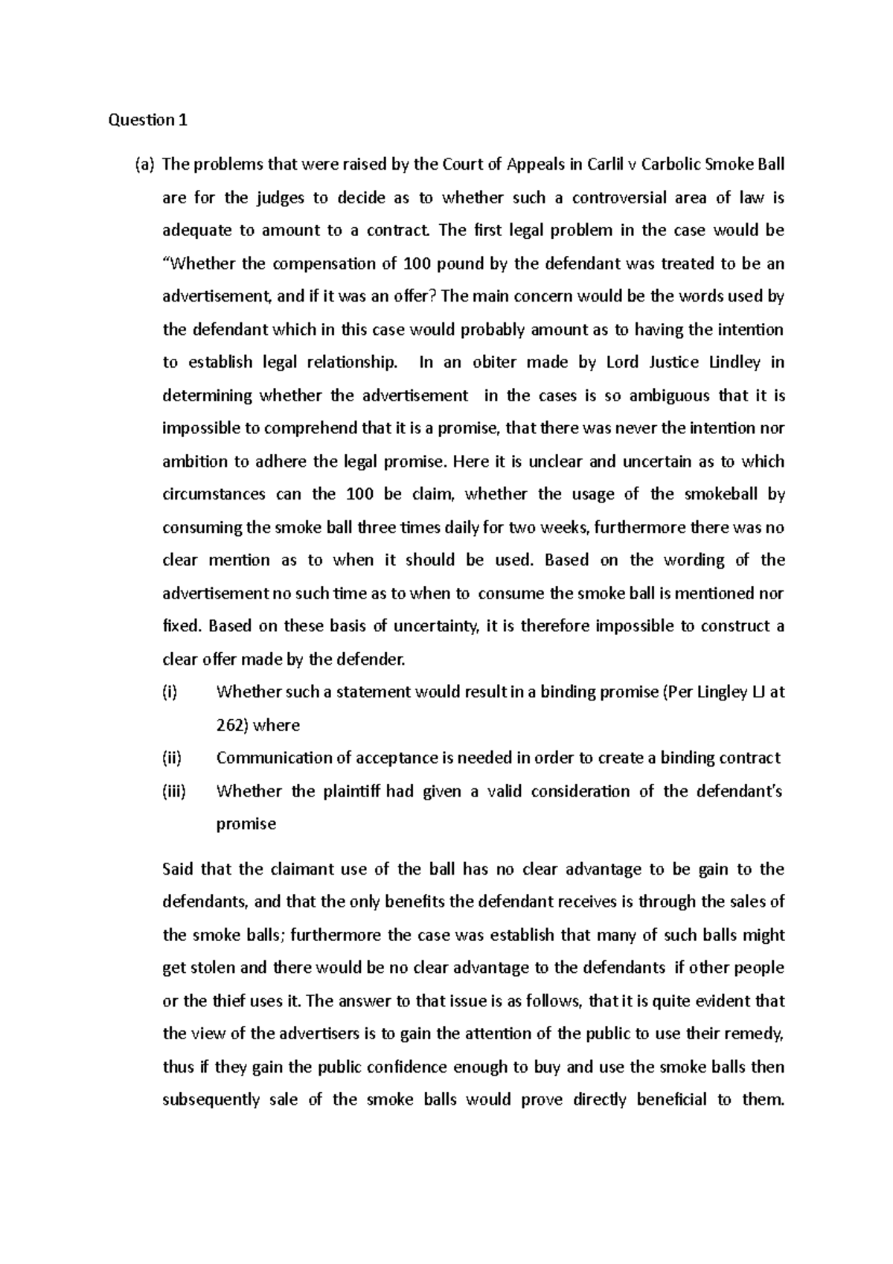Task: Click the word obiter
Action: point(496,363)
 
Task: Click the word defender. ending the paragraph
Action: point(370,659)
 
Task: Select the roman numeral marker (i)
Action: point(170,692)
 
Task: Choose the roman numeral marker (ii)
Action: point(172,758)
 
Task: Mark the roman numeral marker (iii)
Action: point(173,791)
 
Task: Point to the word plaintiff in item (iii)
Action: point(351,791)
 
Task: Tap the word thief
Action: point(227,1001)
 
